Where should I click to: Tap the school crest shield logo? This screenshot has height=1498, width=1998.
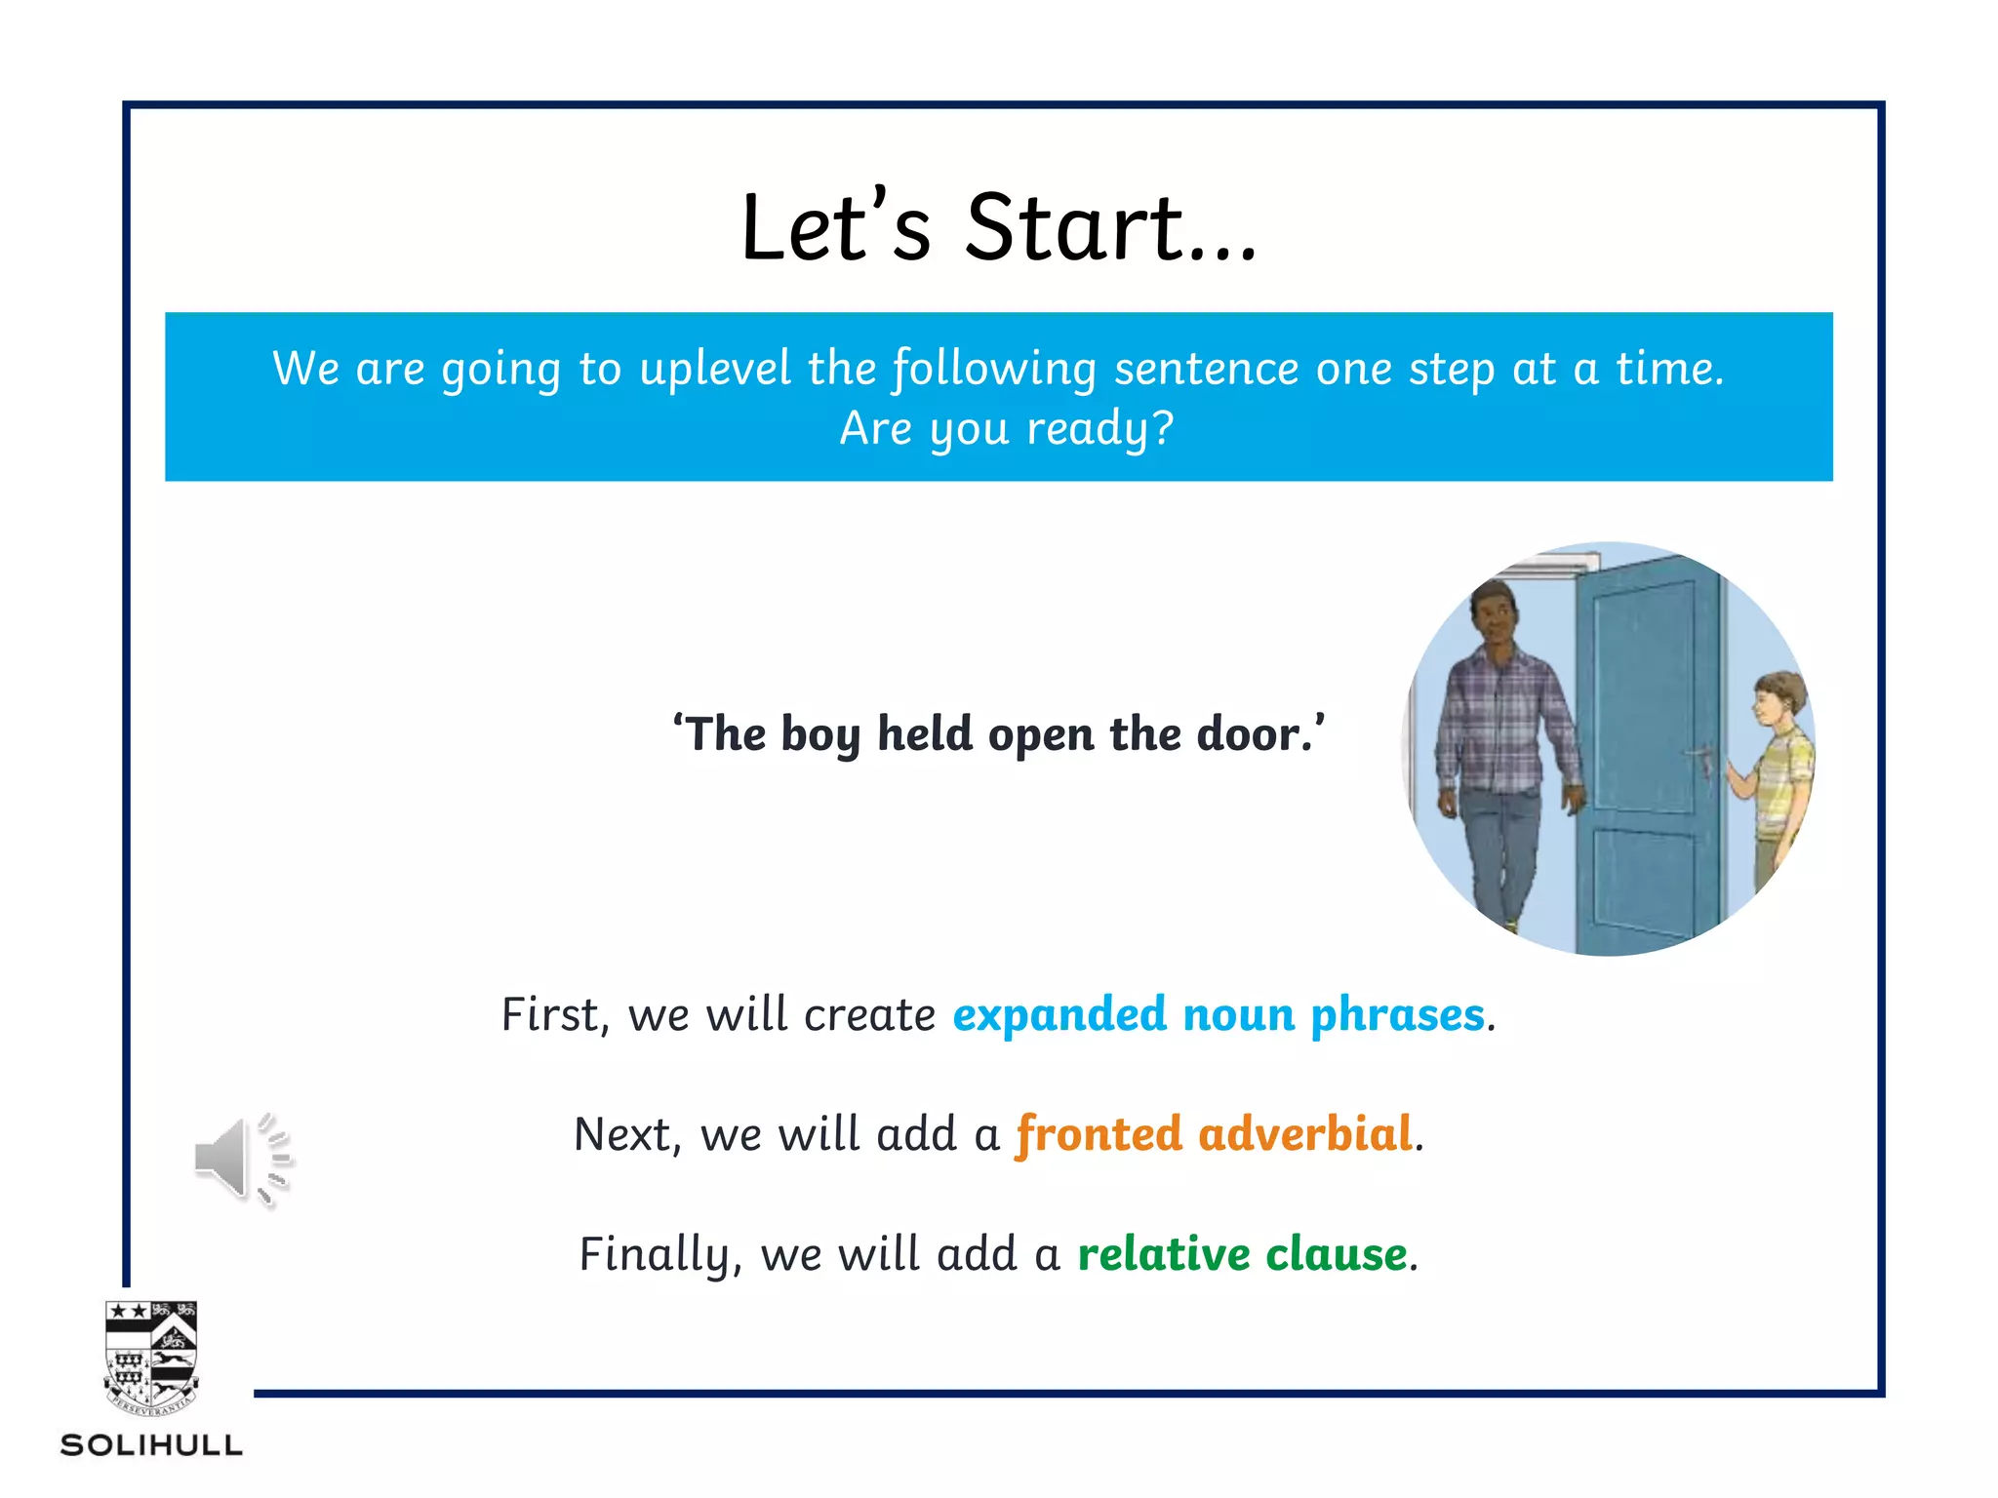click(x=151, y=1356)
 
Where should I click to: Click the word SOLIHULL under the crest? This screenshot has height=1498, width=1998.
click(x=151, y=1445)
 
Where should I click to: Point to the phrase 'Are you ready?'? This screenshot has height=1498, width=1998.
click(x=1007, y=428)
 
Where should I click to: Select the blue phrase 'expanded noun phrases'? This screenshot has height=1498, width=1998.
click(x=1219, y=1014)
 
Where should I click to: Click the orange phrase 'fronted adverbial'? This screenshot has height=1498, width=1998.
click(x=1214, y=1134)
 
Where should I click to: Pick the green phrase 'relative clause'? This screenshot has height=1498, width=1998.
click(x=1242, y=1254)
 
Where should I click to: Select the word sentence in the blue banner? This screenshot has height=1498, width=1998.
click(x=1206, y=369)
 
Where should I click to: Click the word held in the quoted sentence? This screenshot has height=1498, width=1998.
click(x=925, y=733)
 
